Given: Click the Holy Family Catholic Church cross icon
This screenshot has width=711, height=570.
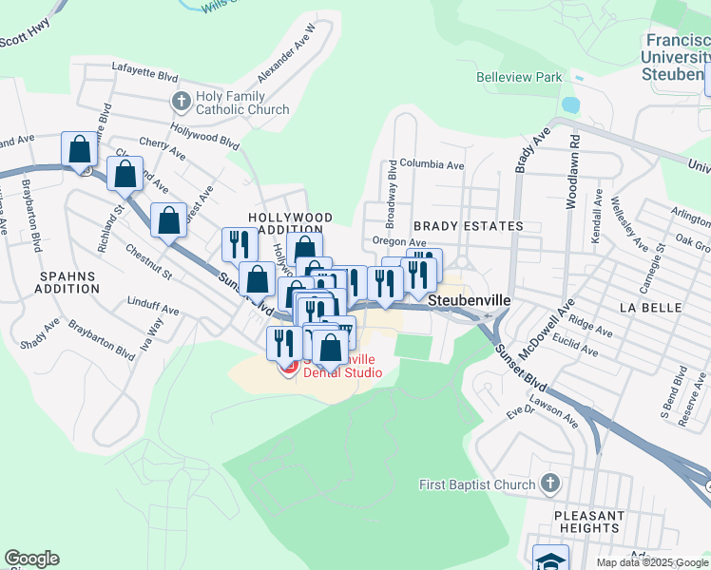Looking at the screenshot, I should click(182, 100).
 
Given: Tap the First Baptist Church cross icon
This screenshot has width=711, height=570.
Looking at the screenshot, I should click(550, 484).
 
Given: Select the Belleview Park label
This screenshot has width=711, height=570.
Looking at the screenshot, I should click(519, 77).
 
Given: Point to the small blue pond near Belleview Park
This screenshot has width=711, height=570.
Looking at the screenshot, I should click(570, 104).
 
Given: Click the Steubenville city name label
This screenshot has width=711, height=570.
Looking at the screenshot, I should click(470, 298).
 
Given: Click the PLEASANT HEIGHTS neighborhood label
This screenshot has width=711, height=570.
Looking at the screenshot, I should click(589, 522).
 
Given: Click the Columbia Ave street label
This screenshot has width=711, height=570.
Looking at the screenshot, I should click(432, 164).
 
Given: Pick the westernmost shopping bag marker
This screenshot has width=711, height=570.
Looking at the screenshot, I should click(80, 149).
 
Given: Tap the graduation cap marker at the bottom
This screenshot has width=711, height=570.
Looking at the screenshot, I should click(550, 559).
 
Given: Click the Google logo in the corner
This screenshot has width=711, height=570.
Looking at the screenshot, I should click(31, 559).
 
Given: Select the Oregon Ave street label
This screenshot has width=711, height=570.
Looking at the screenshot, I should click(399, 242).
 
